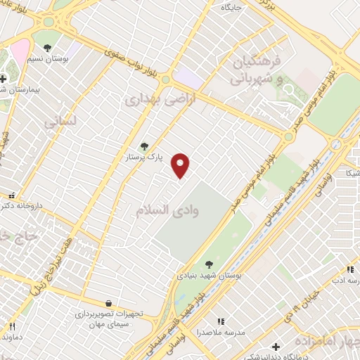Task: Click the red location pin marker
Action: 181,165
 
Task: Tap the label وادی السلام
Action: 165,210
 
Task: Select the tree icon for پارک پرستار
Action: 144,146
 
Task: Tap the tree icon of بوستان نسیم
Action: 47,49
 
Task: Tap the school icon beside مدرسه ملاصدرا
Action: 221,321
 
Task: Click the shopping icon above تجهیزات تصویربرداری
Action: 108,301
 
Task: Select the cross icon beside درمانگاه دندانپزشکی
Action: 276,347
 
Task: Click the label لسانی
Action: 59,122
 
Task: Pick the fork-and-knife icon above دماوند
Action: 12,326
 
